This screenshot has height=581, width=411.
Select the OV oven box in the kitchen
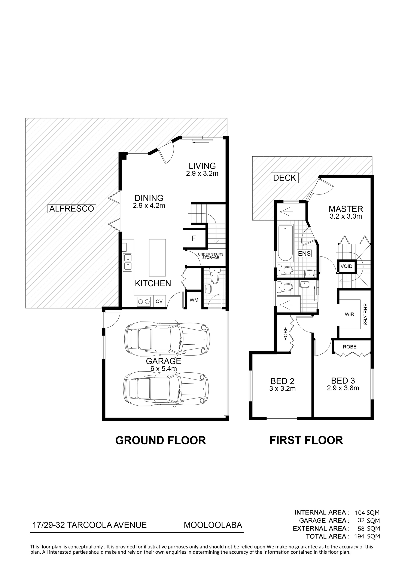[x=159, y=301]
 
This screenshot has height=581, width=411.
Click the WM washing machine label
[x=194, y=300]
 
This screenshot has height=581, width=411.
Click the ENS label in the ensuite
[x=304, y=253]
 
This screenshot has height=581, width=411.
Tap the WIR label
[x=350, y=314]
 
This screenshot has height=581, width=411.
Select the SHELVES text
[x=365, y=314]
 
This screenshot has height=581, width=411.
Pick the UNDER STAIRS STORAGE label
[x=211, y=256]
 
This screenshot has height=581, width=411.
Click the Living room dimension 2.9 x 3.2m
[x=202, y=173]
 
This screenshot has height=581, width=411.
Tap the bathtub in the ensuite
[x=285, y=243]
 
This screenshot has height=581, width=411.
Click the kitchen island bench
[x=158, y=258]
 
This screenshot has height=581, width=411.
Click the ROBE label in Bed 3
[x=350, y=347]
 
